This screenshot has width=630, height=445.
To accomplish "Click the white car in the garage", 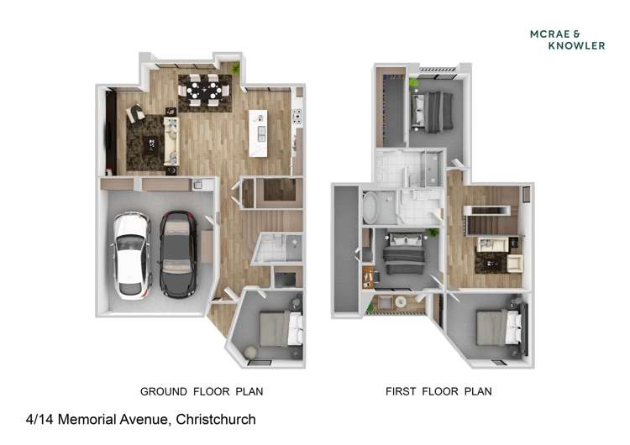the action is click(x=131, y=256).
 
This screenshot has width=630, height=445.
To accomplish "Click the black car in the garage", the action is click(x=178, y=254).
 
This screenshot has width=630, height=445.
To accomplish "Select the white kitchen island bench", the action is click(x=258, y=133).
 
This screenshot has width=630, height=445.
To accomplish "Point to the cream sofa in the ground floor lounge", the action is click(x=171, y=141).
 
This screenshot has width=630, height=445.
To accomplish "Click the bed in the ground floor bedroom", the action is click(x=281, y=328).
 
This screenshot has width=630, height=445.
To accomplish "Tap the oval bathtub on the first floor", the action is click(x=370, y=207).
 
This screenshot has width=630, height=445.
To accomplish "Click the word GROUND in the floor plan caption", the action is click(x=164, y=391).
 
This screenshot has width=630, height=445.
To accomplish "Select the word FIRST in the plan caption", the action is click(x=401, y=391).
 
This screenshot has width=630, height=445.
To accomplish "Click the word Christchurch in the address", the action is click(x=216, y=419).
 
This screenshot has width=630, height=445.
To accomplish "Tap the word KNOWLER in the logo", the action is click(x=576, y=46).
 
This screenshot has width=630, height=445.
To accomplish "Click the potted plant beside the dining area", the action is click(x=235, y=67).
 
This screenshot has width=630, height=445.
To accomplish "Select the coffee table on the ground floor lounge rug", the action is click(x=150, y=144).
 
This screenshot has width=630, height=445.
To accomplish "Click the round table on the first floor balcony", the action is click(x=400, y=302).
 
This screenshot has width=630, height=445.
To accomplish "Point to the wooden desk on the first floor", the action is click(x=368, y=277).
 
